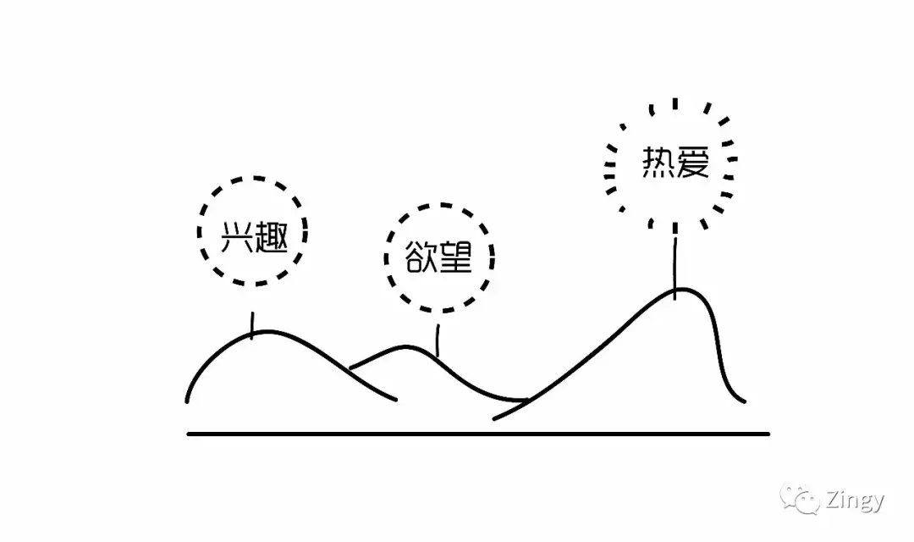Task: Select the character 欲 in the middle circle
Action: coord(421,256)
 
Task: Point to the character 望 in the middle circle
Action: coord(456,256)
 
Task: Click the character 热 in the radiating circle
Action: coord(658,162)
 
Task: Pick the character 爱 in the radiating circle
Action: coord(692,162)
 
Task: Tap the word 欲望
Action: coord(438,256)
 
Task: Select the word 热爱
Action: coord(674,162)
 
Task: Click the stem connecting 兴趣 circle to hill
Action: coord(251,324)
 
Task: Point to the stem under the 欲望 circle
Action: coord(437,340)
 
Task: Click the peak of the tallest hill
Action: coord(681,289)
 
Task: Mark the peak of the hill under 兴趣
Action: coord(267,331)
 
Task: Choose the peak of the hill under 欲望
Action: coord(405,346)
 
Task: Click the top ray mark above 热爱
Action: coord(674,104)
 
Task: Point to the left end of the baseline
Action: coord(189,434)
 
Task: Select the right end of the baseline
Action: coord(768,434)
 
